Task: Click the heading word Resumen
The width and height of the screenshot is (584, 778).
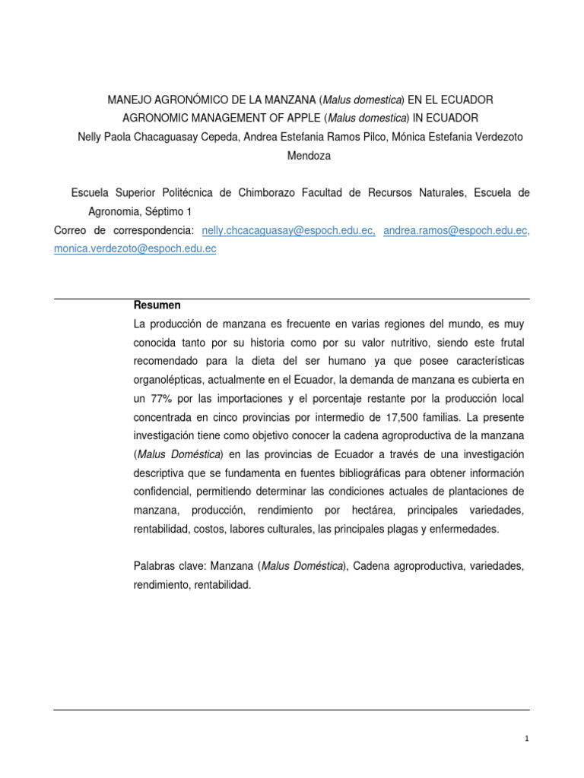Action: pos(157,305)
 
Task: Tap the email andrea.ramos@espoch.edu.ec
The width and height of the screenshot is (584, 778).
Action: pos(455,230)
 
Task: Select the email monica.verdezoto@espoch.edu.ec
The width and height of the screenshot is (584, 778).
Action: pos(135,248)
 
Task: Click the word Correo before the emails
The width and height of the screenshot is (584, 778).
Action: pos(72,230)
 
